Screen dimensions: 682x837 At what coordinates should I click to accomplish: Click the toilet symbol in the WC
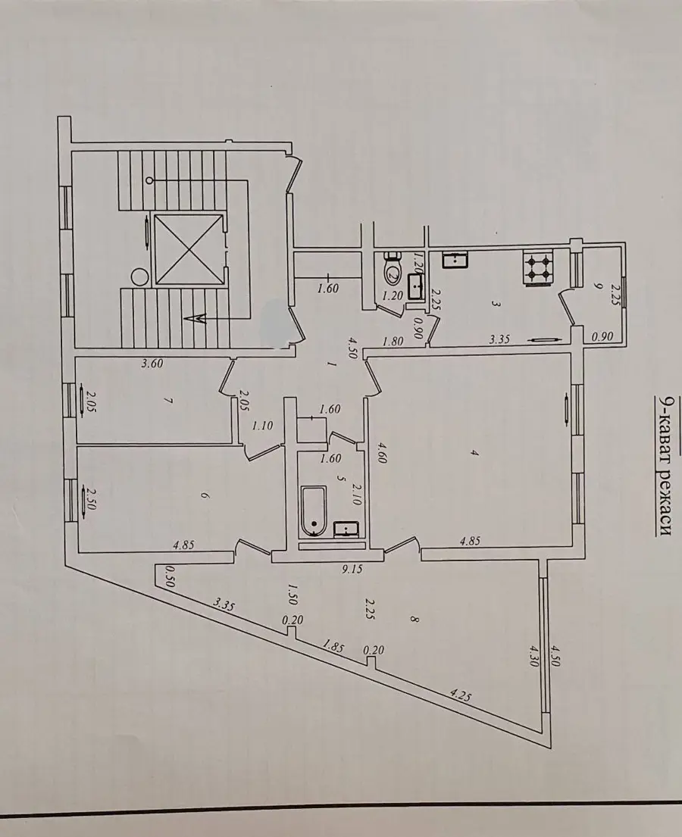[x=393, y=272]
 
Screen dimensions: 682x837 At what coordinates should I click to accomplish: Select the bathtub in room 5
[x=314, y=511]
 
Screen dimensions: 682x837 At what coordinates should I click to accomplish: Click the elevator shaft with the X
[x=189, y=250]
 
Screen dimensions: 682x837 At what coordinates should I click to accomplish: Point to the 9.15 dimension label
[x=352, y=570]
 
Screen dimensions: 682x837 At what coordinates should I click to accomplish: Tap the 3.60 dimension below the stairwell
[x=152, y=364]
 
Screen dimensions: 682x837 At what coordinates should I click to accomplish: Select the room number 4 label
[x=474, y=453]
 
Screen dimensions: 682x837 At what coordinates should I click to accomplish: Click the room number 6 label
[x=204, y=495]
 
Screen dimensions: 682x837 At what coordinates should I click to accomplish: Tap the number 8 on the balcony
[x=414, y=619]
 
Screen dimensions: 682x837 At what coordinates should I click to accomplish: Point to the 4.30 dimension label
[x=533, y=655]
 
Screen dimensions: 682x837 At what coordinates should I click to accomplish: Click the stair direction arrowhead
[x=196, y=319]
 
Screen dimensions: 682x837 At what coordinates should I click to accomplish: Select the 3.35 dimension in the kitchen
[x=500, y=339]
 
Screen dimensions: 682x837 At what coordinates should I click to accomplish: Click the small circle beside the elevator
[x=139, y=277]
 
